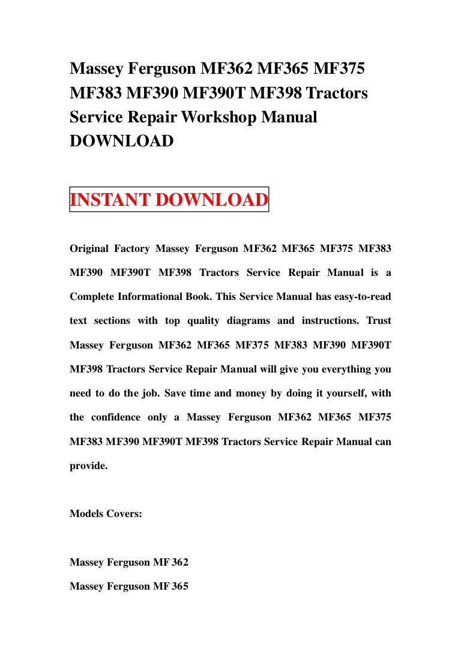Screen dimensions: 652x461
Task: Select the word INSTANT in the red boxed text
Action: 110,200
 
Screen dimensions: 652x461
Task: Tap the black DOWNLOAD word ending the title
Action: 122,142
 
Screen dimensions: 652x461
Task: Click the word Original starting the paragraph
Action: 90,248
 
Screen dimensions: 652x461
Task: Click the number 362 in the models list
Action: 180,563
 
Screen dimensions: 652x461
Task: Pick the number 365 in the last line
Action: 180,587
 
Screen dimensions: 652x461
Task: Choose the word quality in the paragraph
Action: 203,320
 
